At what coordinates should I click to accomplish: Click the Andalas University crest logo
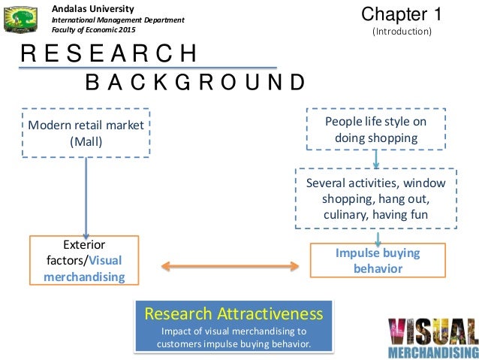coord(20,20)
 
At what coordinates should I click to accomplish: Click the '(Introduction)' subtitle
coord(402,32)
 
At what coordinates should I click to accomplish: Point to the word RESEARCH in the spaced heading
coord(109,55)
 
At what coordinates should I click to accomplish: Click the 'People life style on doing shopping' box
coord(376,129)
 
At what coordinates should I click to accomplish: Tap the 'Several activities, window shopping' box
coord(376,198)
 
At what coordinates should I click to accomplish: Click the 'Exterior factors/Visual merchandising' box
coord(84,261)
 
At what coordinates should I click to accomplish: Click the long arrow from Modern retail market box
coord(86,195)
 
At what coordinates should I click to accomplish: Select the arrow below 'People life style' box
coord(376,159)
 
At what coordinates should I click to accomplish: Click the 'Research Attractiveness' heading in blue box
coord(233,313)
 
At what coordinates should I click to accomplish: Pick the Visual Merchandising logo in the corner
coord(432,337)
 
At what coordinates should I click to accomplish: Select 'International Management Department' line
coord(117,19)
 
